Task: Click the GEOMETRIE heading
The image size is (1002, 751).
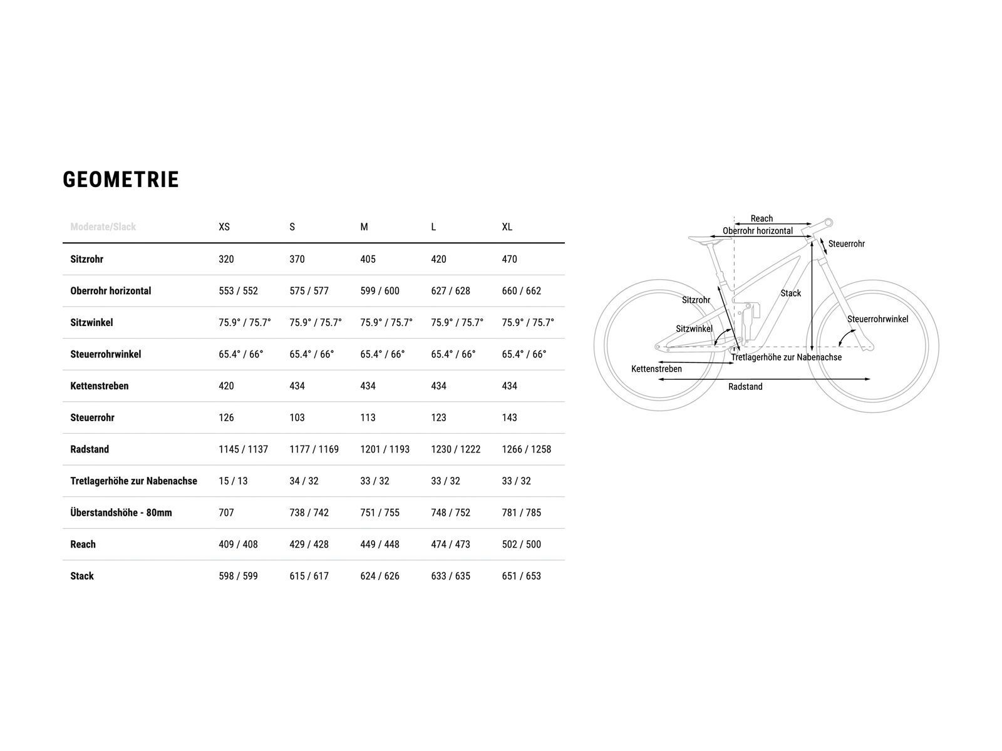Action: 120,180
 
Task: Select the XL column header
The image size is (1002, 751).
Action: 507,227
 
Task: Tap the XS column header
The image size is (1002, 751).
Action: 224,227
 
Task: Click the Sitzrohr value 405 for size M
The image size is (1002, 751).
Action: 368,259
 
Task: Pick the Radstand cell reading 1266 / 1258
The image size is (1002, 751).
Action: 526,449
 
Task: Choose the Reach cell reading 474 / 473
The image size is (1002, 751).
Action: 450,544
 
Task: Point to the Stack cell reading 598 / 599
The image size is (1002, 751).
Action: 238,576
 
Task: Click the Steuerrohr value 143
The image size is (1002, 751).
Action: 509,417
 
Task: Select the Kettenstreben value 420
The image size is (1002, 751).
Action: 226,386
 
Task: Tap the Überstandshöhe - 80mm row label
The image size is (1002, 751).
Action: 121,513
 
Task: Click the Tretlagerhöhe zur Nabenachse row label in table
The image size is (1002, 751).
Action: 134,481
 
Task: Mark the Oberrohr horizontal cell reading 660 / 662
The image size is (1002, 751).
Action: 521,290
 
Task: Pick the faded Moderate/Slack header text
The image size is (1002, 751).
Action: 103,227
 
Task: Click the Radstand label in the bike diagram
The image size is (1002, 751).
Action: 745,387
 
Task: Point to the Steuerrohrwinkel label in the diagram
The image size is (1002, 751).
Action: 877,319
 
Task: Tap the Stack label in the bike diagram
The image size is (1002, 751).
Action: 790,293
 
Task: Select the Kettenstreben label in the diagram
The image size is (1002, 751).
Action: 656,369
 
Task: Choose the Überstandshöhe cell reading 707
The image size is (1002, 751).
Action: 226,513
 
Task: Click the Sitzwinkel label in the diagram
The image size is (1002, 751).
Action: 694,329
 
